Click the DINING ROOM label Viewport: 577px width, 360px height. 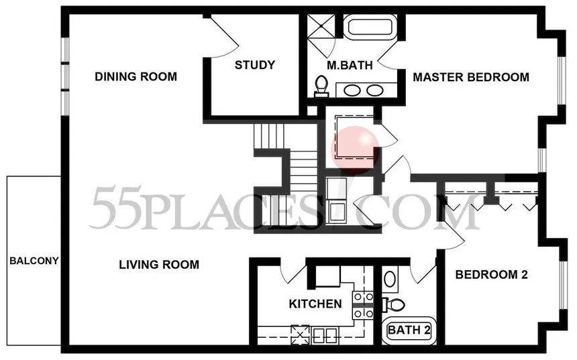[136, 76]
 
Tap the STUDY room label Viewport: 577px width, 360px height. [255, 65]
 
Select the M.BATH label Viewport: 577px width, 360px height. [350, 65]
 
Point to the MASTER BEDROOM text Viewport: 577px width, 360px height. [471, 77]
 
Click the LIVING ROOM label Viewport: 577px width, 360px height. [159, 264]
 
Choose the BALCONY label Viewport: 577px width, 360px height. [34, 261]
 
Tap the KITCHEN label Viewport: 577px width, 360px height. [315, 304]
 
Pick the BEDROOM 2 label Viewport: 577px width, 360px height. [492, 274]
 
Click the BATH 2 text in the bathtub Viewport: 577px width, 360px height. [409, 330]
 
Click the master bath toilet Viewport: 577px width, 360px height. [321, 86]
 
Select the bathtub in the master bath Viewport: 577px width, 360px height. [370, 27]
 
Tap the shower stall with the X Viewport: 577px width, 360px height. [321, 25]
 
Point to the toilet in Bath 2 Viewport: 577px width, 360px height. [394, 304]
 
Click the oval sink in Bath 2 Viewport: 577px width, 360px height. [390, 280]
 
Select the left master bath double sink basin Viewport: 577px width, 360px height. [352, 90]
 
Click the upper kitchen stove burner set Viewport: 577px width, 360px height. [363, 297]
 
